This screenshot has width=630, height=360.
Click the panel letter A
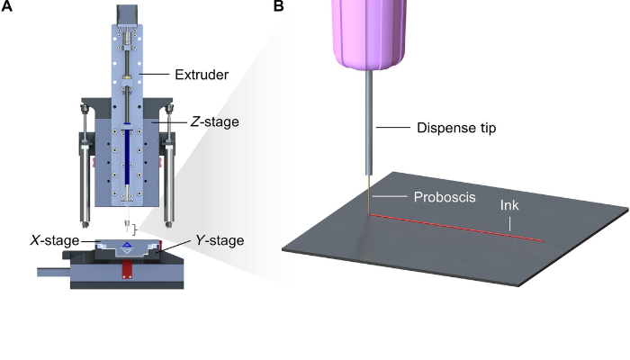pyautogui.click(x=7, y=7)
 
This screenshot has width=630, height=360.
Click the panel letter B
pyautogui.click(x=278, y=7)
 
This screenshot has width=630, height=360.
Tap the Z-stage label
pyautogui.click(x=213, y=121)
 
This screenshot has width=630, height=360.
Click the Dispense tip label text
pyautogui.click(x=456, y=129)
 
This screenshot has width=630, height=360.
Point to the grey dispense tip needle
pyautogui.click(x=371, y=126)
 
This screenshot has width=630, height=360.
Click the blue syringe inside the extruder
pyautogui.click(x=130, y=157)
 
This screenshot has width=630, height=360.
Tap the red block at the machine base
pyautogui.click(x=127, y=271)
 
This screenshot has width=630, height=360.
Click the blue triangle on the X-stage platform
pyautogui.click(x=127, y=245)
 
